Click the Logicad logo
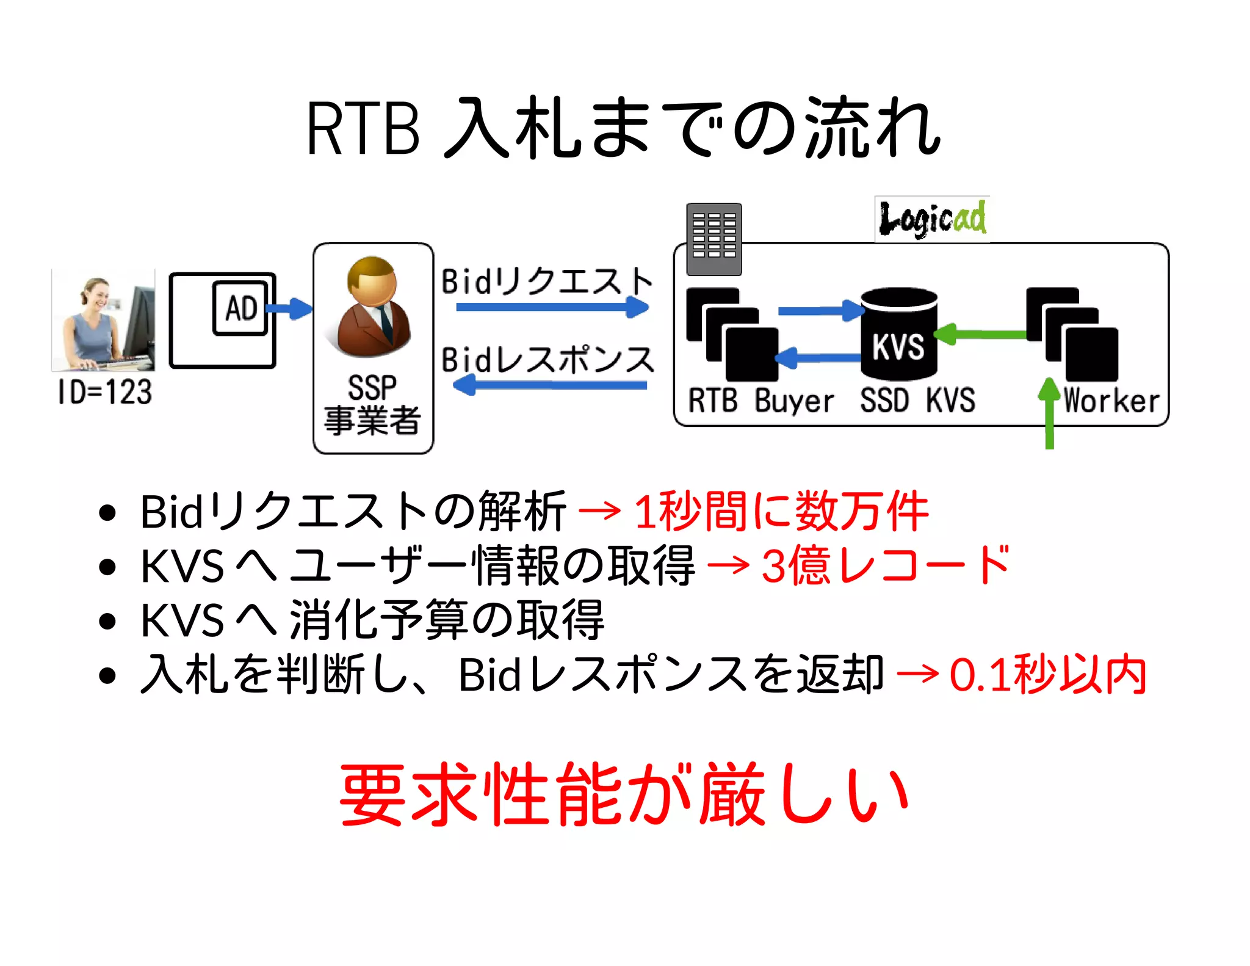(x=932, y=219)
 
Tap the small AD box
(x=240, y=308)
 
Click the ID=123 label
(x=104, y=391)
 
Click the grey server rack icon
(x=714, y=239)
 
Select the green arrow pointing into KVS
(x=980, y=334)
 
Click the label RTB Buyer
(x=760, y=401)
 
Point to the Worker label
(x=1111, y=401)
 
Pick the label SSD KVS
(x=917, y=401)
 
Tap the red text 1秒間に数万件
(x=781, y=511)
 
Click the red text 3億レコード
(x=886, y=565)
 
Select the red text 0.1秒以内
(x=1047, y=675)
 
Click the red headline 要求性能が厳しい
(x=624, y=794)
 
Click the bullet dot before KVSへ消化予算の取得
(x=107, y=621)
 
